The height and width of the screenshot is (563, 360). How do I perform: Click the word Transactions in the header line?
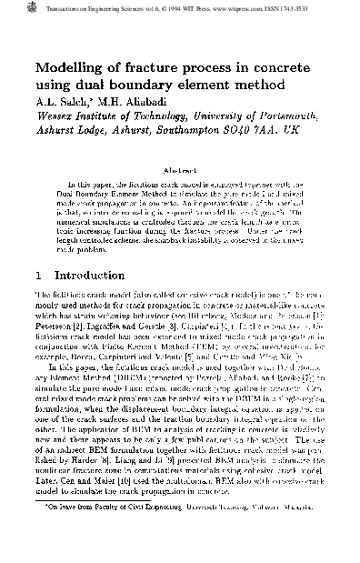[x=45, y=7]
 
